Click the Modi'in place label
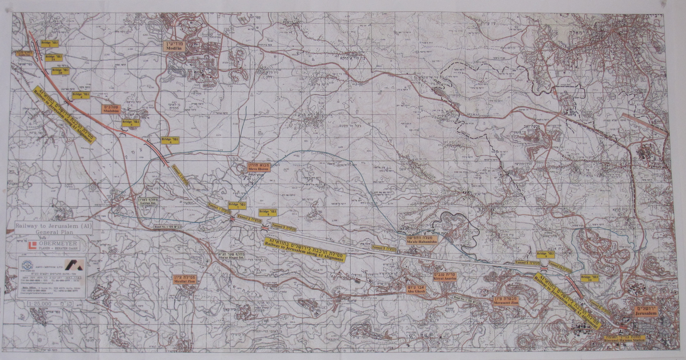click(173, 46)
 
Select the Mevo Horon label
click(258, 167)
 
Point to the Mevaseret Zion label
click(505, 301)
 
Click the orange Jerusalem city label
click(645, 311)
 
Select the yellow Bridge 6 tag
click(170, 140)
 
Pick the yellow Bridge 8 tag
click(267, 212)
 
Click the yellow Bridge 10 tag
click(589, 278)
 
